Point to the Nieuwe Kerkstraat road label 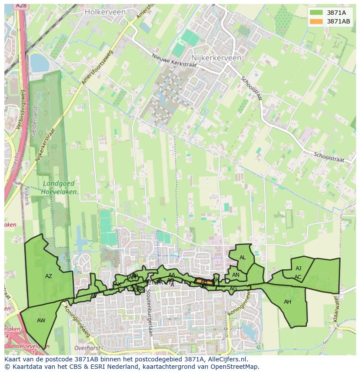click(x=174, y=60)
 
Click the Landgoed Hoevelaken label click(x=60, y=188)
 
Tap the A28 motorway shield click(x=20, y=6)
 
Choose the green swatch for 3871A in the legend click(x=317, y=13)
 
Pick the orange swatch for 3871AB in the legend click(x=317, y=21)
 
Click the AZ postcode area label click(x=49, y=276)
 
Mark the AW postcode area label click(x=41, y=321)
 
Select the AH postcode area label click(x=287, y=302)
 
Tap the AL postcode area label click(x=243, y=258)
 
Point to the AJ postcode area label click(x=298, y=268)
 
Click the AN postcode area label click(x=236, y=275)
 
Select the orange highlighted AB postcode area click(x=203, y=281)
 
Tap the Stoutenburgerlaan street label click(x=149, y=307)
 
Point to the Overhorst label click(x=87, y=348)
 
